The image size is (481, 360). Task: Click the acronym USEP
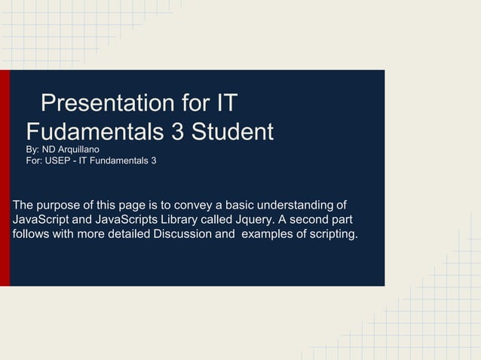click(58, 161)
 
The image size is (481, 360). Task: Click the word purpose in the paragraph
click(60, 205)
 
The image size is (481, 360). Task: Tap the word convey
click(198, 205)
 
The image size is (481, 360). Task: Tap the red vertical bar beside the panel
click(5, 178)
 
